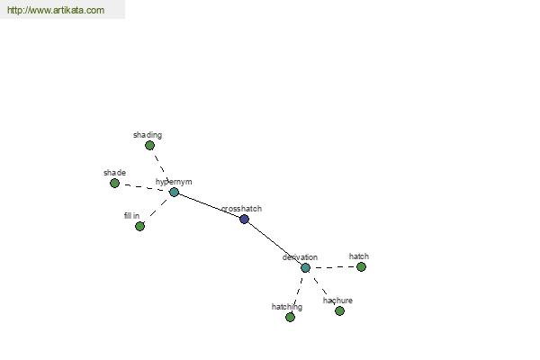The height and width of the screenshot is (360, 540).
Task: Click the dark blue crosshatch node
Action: [244, 219]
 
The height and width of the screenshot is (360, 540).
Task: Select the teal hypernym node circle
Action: [175, 193]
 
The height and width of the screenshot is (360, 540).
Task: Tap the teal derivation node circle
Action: [305, 267]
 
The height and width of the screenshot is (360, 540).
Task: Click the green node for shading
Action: [149, 146]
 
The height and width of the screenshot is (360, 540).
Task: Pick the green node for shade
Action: [114, 184]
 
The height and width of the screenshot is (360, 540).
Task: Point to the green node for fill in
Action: [139, 226]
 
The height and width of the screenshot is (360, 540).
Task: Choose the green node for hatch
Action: [361, 267]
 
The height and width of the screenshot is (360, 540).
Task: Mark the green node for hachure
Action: [339, 311]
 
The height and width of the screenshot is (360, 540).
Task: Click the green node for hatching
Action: [291, 318]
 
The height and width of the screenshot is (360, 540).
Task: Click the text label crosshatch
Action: [241, 209]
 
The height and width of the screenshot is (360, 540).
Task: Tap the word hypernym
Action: [174, 182]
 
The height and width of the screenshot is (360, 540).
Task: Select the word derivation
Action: [300, 257]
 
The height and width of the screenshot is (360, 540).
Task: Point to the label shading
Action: [148, 135]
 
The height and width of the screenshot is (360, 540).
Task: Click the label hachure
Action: [337, 301]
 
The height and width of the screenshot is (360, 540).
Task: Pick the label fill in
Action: [132, 216]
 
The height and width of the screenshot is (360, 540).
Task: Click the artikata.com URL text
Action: [56, 10]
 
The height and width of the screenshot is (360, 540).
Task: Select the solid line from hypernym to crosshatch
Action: [210, 206]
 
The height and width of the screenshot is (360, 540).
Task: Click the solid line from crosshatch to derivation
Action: [275, 242]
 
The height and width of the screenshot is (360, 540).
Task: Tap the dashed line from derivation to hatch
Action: [333, 267]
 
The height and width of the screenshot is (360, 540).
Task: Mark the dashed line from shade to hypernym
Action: [145, 187]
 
